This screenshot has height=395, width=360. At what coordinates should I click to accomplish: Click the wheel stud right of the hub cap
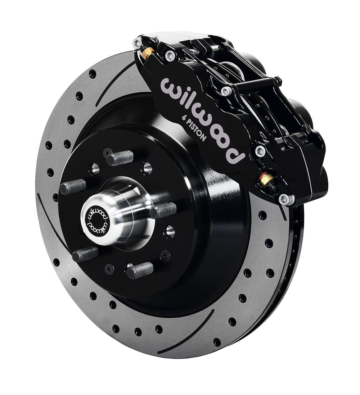pyautogui.click(x=163, y=210)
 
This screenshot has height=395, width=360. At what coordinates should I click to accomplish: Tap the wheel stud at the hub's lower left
pyautogui.click(x=85, y=254)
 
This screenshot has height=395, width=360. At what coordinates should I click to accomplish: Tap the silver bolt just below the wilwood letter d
pyautogui.click(x=260, y=151)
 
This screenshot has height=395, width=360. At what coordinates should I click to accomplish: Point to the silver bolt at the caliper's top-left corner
pyautogui.click(x=137, y=44)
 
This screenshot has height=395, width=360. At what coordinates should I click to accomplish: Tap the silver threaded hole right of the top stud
pyautogui.click(x=147, y=168)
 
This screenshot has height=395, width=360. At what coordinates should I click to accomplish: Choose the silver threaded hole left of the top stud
pyautogui.click(x=94, y=168)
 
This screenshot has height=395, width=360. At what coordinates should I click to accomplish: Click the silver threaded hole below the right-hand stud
pyautogui.click(x=169, y=231)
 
